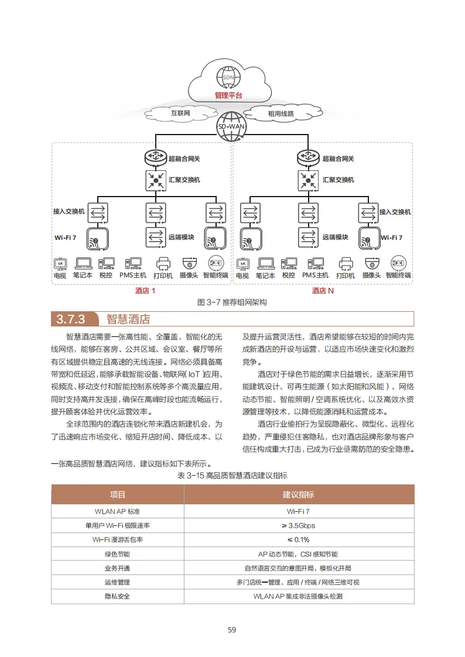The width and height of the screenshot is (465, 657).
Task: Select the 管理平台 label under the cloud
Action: coord(228,95)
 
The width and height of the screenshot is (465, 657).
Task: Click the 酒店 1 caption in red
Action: coord(145,291)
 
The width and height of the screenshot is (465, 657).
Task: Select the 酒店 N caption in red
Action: coord(323,291)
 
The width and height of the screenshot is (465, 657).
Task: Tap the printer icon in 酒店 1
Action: coord(163,263)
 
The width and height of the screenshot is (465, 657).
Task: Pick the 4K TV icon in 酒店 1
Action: coord(60,263)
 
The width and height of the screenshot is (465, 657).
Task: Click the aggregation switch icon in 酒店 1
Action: coord(155,179)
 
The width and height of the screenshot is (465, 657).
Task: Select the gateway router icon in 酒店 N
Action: coord(309,158)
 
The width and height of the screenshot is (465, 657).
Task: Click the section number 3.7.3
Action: coord(71,319)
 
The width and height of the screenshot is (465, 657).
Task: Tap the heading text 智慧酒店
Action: coord(128,319)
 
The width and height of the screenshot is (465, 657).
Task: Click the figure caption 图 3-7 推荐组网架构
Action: coord(232,302)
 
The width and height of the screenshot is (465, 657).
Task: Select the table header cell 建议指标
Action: coord(299,494)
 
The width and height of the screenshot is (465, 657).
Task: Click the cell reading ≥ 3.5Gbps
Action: coord(299,525)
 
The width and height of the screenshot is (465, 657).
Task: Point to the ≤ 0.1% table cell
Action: coord(299,539)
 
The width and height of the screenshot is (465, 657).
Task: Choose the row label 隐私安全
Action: coord(117,596)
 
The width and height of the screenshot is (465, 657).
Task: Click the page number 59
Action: coord(232,630)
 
